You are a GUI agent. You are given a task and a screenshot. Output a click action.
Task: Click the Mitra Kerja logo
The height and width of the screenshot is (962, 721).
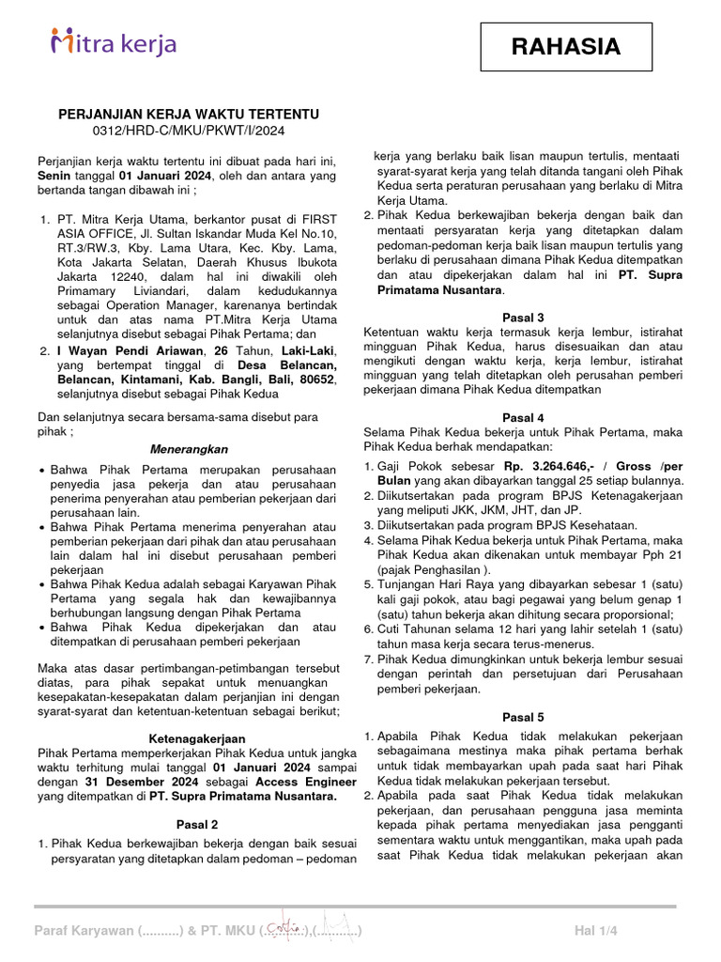pos(114,43)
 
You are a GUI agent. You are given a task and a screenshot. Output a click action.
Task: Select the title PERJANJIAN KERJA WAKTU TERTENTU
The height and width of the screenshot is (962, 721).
pos(190,115)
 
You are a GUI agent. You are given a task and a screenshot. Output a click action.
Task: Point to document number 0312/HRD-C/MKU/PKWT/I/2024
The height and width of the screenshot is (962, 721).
pos(190,131)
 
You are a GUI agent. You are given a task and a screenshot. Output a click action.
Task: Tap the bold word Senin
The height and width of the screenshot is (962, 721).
pos(54,176)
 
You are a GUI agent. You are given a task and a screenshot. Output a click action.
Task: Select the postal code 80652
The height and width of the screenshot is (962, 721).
pos(314,380)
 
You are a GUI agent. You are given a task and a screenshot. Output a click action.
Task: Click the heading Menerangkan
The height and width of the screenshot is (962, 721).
pos(190,450)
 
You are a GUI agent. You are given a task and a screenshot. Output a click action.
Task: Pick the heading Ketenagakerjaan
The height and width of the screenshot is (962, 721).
pos(190,738)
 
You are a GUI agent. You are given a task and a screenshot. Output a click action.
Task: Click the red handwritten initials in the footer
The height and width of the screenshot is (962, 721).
pos(282,928)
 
